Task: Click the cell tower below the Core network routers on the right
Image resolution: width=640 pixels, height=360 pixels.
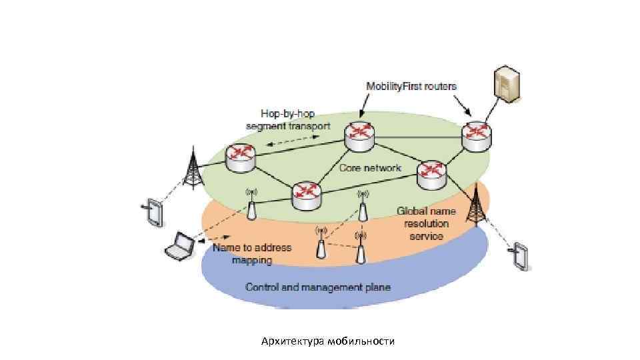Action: pyautogui.click(x=477, y=206)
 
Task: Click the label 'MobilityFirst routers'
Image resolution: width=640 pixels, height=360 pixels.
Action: pyautogui.click(x=411, y=86)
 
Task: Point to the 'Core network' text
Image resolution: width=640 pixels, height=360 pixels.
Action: pyautogui.click(x=370, y=168)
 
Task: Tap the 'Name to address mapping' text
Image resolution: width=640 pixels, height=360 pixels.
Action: pyautogui.click(x=252, y=253)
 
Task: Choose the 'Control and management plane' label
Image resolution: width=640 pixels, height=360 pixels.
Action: pyautogui.click(x=318, y=287)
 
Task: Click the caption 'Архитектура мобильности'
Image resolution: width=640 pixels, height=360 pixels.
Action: pyautogui.click(x=328, y=341)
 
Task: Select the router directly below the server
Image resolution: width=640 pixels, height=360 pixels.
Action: pyautogui.click(x=477, y=135)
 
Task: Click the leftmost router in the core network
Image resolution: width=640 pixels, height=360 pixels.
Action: pyautogui.click(x=240, y=157)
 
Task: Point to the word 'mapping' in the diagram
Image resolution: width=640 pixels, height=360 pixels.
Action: pyautogui.click(x=252, y=260)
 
